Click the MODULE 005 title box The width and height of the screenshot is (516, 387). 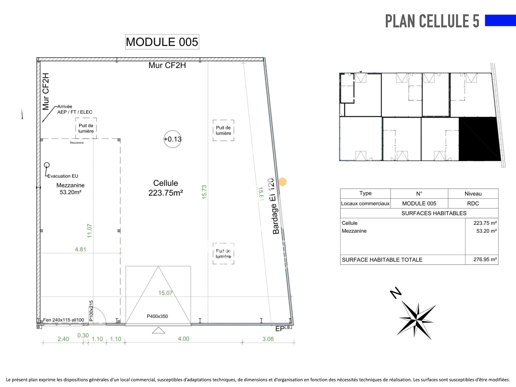pyautogui.click(x=162, y=42)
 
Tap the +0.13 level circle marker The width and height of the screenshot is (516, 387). pyautogui.click(x=173, y=139)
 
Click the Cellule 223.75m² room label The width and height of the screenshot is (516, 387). pyautogui.click(x=166, y=188)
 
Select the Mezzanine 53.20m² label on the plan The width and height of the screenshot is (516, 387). pyautogui.click(x=70, y=189)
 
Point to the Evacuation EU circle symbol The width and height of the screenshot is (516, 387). pyautogui.click(x=47, y=165)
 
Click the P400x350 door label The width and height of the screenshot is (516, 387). pyautogui.click(x=157, y=316)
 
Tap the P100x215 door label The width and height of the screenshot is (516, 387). pyautogui.click(x=91, y=311)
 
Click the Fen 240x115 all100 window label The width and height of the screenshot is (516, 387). pyautogui.click(x=64, y=320)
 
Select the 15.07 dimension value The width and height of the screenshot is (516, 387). pyautogui.click(x=165, y=293)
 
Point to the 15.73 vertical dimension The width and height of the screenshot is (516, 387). pyautogui.click(x=204, y=192)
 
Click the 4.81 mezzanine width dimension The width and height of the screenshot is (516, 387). pyautogui.click(x=80, y=249)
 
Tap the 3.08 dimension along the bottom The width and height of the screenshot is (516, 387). pyautogui.click(x=268, y=339)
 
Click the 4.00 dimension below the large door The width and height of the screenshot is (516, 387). pyautogui.click(x=184, y=339)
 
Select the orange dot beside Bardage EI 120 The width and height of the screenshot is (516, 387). pyautogui.click(x=282, y=182)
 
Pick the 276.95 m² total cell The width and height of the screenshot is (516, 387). pyautogui.click(x=482, y=260)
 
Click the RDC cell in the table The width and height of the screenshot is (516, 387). pyautogui.click(x=473, y=203)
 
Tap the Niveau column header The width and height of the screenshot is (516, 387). pyautogui.click(x=473, y=194)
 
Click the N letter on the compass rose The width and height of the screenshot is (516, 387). pyautogui.click(x=396, y=293)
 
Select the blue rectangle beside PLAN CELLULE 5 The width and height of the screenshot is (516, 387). pyautogui.click(x=500, y=20)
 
